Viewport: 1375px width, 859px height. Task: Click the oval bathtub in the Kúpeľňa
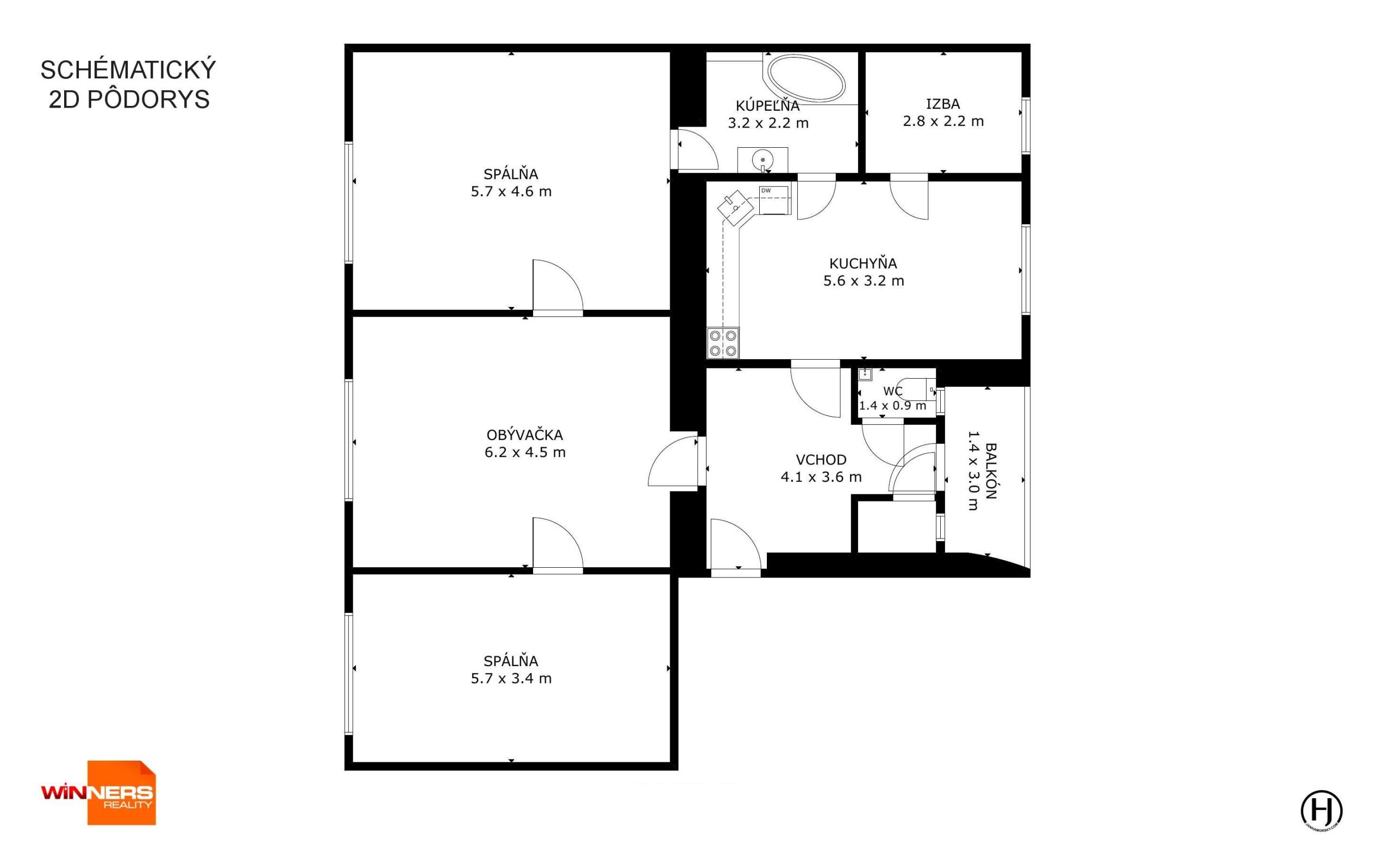[807, 79]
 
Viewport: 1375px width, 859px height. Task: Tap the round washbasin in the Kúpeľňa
[762, 160]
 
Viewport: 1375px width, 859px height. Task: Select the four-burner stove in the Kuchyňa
[723, 343]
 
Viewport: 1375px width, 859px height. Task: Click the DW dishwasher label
[766, 191]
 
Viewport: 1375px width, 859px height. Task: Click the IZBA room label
[943, 104]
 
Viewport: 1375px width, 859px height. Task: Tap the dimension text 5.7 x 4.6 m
[511, 191]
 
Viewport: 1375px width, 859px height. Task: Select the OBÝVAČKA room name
[524, 435]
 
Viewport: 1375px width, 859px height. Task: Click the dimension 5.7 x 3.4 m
[511, 678]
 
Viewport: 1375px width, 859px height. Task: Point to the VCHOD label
[821, 460]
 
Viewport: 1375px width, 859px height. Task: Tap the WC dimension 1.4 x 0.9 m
[892, 406]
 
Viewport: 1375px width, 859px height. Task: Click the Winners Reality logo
[98, 793]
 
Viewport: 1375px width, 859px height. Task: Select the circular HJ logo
[1322, 809]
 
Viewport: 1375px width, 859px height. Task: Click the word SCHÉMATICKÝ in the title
[128, 70]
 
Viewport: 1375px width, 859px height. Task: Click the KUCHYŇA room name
[863, 264]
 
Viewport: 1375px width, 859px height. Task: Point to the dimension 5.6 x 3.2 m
[864, 281]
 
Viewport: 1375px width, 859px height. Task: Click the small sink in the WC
[865, 374]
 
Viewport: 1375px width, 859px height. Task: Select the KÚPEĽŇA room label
[767, 105]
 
